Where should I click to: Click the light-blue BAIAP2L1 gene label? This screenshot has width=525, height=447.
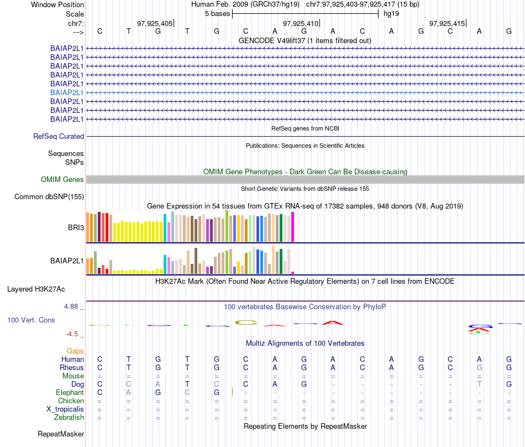(x=67, y=92)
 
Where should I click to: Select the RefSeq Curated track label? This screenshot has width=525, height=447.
(x=59, y=136)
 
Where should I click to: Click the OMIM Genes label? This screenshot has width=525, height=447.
(x=62, y=179)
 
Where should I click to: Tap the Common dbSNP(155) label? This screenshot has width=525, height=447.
(x=49, y=196)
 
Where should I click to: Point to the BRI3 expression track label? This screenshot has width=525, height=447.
(x=75, y=227)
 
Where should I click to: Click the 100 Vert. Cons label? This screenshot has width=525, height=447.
(x=31, y=320)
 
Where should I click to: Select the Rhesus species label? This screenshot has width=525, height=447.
(x=72, y=367)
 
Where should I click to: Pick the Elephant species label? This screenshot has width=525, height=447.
(x=70, y=392)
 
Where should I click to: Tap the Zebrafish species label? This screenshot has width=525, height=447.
(x=70, y=417)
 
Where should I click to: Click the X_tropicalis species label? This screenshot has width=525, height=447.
(x=65, y=409)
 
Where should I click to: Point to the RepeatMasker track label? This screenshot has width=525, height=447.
(x=61, y=434)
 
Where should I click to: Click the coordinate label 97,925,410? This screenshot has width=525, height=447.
(x=301, y=23)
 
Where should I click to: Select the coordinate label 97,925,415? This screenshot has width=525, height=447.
(x=447, y=23)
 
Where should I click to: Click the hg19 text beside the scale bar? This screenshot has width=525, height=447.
(x=391, y=13)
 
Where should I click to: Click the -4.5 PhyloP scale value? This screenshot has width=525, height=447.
(x=72, y=334)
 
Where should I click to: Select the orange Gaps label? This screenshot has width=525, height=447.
(x=76, y=351)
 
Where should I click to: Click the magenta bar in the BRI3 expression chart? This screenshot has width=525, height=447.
(x=293, y=227)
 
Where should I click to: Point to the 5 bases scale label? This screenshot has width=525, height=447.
(x=216, y=13)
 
